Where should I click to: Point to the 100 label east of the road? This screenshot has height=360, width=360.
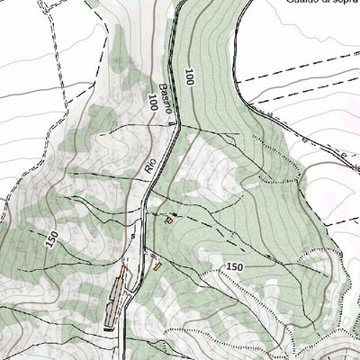[x=190, y=78]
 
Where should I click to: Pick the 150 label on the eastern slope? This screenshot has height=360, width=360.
[x=235, y=266]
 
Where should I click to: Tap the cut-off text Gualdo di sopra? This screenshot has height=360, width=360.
[x=322, y=3]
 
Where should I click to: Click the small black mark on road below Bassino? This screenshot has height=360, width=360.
[x=168, y=121]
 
